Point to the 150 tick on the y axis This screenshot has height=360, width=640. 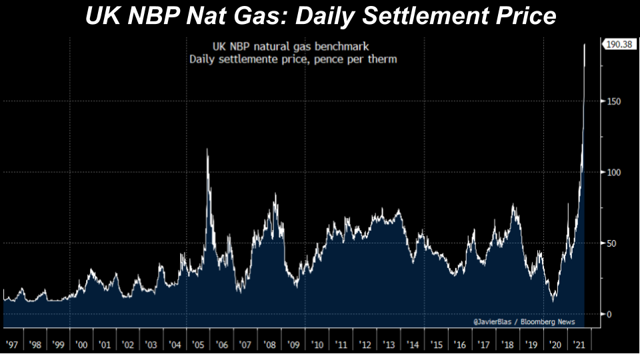pos(614,101)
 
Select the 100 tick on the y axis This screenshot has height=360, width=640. pos(614,172)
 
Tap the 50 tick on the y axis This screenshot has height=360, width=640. pos(612,243)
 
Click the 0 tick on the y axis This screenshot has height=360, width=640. pos(609,314)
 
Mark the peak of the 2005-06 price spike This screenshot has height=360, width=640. pos(207,149)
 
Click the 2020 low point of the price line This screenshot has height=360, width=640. pos(553,301)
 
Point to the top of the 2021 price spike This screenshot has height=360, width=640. pos(585,45)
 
